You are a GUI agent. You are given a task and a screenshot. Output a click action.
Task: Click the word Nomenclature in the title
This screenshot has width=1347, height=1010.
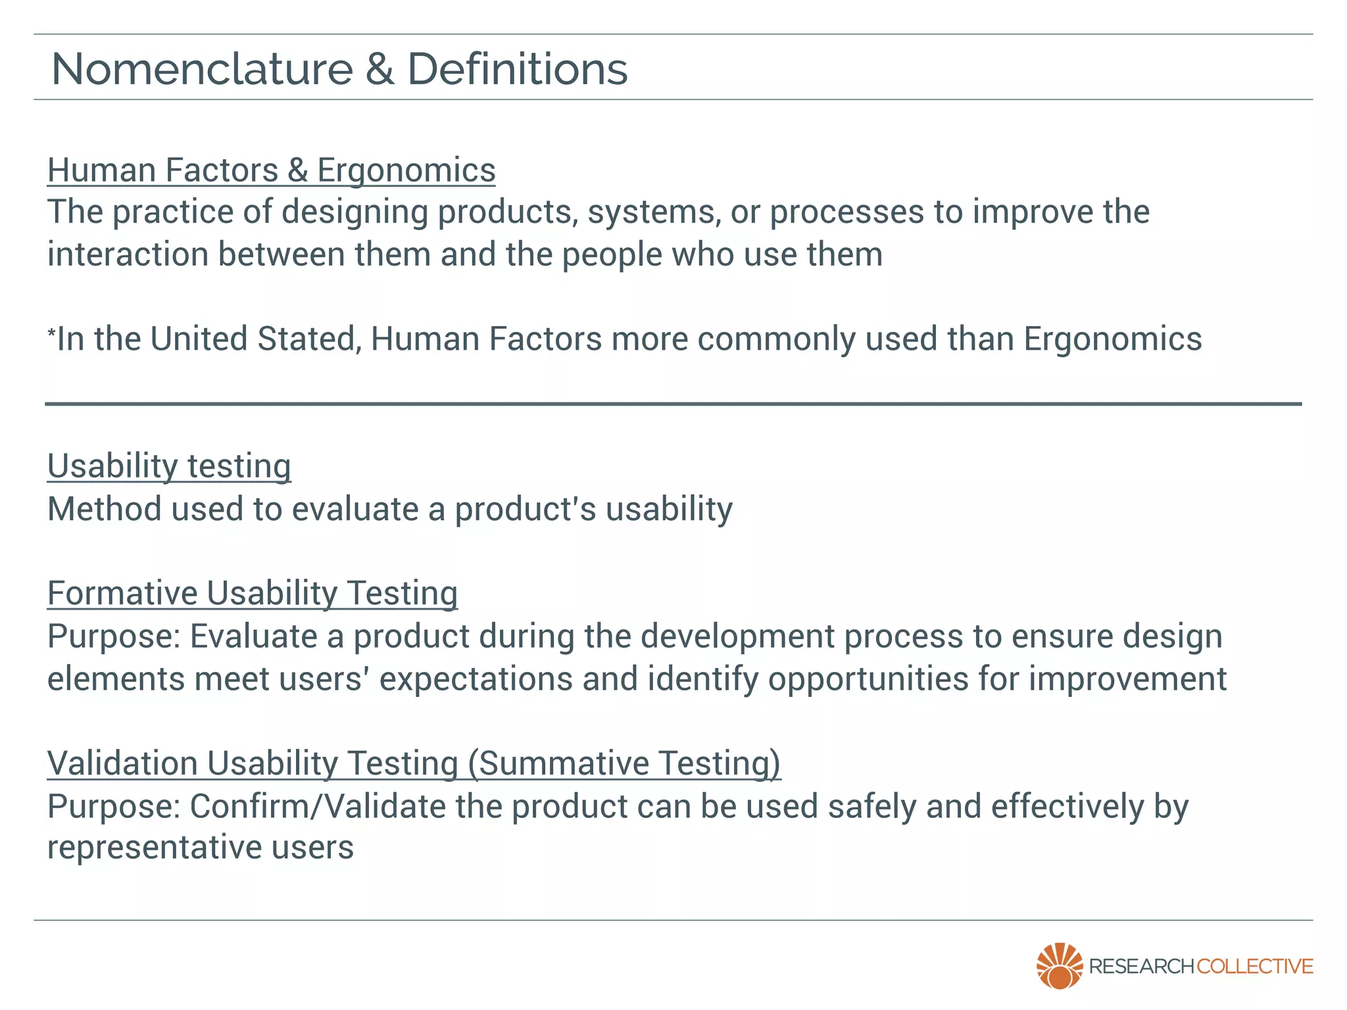(202, 69)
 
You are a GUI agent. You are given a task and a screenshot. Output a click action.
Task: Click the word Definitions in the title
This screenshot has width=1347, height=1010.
(518, 69)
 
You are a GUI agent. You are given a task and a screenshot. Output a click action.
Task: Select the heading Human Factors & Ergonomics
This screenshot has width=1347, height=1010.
(271, 170)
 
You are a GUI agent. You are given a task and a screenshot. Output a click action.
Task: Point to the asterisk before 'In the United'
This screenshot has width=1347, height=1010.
(51, 333)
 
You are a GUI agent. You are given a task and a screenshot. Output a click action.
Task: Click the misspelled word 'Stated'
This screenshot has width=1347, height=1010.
(309, 339)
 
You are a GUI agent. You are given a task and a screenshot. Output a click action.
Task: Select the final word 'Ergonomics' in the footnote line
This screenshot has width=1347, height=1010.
(1112, 339)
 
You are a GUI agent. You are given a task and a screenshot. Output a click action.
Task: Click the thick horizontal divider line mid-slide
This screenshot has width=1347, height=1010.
(673, 404)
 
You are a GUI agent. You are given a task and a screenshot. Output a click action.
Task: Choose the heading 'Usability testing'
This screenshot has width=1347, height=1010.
(169, 466)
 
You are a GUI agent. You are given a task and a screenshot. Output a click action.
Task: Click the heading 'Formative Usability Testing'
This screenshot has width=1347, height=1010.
(253, 593)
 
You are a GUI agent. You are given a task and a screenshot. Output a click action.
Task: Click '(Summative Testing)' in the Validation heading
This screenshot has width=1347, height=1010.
(624, 763)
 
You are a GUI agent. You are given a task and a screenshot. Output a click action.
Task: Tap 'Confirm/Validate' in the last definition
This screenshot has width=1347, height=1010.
(318, 807)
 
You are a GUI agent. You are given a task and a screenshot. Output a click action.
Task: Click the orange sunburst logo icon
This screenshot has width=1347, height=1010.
(1059, 965)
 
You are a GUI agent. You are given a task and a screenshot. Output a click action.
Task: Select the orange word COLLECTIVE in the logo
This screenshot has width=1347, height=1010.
(1254, 967)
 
